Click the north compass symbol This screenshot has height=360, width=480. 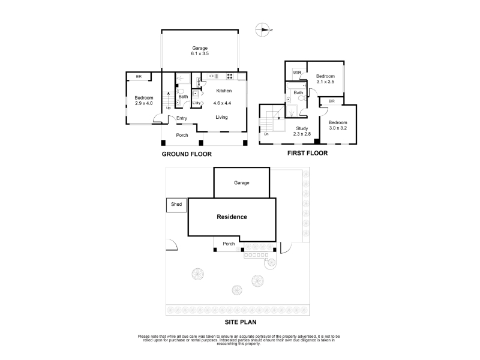tap(263, 29)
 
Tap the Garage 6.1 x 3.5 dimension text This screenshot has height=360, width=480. tap(200, 53)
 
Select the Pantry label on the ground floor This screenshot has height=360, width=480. tap(199, 82)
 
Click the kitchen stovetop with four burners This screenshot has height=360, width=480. tap(230, 76)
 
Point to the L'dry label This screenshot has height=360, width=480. tap(197, 103)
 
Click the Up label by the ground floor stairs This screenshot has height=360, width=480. tap(169, 108)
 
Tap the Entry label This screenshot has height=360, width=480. tap(182, 118)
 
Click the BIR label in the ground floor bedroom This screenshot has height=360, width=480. tap(139, 77)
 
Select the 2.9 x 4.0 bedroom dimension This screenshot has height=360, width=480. tap(144, 103)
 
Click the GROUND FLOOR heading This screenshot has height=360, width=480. tap(187, 154)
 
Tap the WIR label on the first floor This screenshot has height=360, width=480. tap(297, 73)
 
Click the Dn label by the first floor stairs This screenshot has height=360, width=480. tap(266, 134)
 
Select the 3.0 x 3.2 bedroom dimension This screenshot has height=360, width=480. tap(338, 128)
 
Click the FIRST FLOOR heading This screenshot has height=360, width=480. tap(307, 153)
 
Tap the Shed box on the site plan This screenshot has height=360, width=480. tap(176, 205)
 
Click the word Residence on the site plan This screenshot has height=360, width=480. tap(232, 217)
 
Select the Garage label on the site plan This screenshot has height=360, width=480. tap(242, 183)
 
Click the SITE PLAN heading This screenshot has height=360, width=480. tap(241, 322)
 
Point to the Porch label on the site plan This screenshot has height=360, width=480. tap(229, 244)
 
